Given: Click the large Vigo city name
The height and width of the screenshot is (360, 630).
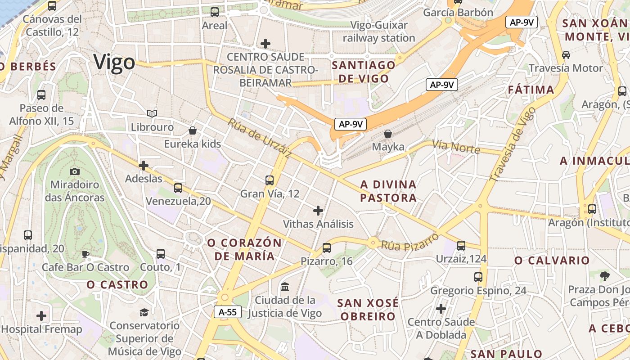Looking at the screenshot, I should click(x=114, y=62).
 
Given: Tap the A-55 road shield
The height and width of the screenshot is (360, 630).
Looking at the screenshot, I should click(x=227, y=312).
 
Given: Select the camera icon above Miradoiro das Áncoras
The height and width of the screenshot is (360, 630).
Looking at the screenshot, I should click(x=75, y=171).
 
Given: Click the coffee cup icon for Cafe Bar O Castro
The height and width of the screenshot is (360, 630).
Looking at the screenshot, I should click(x=85, y=255).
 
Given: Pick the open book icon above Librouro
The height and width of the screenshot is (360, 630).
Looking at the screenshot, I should click(x=152, y=114).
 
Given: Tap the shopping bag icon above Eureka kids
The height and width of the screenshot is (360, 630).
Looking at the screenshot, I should click(x=193, y=130).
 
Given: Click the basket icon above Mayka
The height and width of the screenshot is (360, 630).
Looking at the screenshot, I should click(x=388, y=134).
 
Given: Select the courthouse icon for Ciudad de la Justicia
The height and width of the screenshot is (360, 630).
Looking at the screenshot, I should click(x=284, y=287).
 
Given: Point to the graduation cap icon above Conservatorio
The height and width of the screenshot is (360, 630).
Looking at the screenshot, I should click(x=144, y=312).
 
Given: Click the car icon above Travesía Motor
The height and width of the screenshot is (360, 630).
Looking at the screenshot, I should click(x=566, y=55).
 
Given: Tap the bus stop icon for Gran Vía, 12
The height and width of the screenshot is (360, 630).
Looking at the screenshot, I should click(x=270, y=180).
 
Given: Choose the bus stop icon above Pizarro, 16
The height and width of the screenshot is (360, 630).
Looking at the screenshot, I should click(x=327, y=247).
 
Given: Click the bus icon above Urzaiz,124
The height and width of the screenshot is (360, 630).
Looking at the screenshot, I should click(x=461, y=246).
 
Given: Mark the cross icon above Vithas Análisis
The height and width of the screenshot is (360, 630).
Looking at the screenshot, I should click(x=318, y=210).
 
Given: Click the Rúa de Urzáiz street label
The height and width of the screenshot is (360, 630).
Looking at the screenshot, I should click(x=260, y=138).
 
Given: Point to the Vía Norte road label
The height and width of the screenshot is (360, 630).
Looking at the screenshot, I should click(x=456, y=147).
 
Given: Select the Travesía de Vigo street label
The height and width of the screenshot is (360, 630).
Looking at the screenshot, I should click(x=513, y=144).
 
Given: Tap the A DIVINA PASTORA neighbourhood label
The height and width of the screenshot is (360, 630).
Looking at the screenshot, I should click(x=388, y=191).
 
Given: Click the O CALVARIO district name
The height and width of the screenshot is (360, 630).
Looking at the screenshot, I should click(x=552, y=261).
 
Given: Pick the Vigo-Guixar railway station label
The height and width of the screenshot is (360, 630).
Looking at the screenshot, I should click(x=379, y=31).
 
